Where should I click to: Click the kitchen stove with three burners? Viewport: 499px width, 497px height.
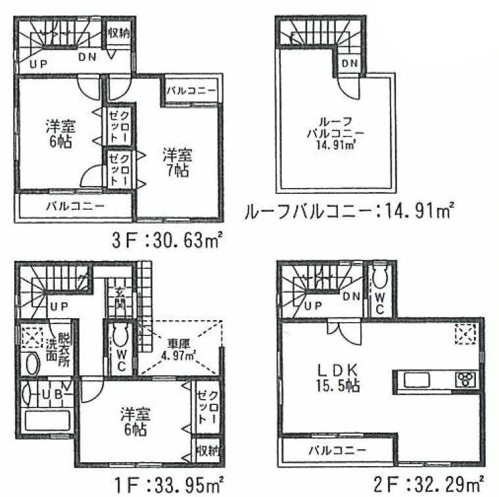click(x=465, y=380)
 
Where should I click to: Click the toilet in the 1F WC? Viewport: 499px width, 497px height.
click(x=120, y=337)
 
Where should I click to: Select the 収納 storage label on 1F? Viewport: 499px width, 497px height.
click(x=207, y=450)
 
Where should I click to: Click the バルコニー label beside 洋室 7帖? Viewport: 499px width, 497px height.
click(x=190, y=91)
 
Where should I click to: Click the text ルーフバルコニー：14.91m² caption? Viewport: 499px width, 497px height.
click(x=348, y=212)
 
